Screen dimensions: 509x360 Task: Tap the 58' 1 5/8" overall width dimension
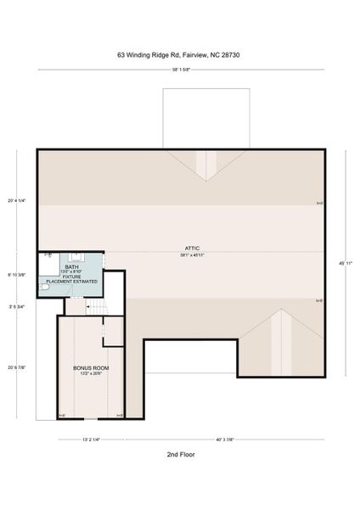[x=180, y=70]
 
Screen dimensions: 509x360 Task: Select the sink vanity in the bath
[x=77, y=255]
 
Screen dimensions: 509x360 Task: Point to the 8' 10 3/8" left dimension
[x=16, y=275]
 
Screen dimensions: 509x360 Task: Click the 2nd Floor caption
[x=180, y=455]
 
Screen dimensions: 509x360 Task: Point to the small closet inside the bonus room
[x=113, y=332]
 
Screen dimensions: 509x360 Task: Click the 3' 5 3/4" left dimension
[x=16, y=306]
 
